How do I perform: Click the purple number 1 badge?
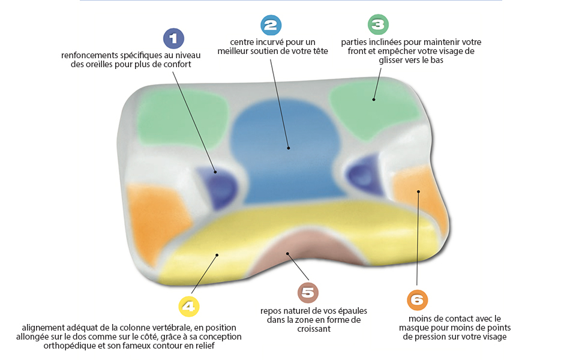(x=173, y=39)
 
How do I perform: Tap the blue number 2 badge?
(x=271, y=25)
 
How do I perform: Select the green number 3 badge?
(x=377, y=25)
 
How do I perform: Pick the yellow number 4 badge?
(x=188, y=307)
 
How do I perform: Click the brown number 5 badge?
(x=308, y=293)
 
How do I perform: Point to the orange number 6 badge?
(x=417, y=299)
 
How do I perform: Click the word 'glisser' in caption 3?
(x=392, y=61)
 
